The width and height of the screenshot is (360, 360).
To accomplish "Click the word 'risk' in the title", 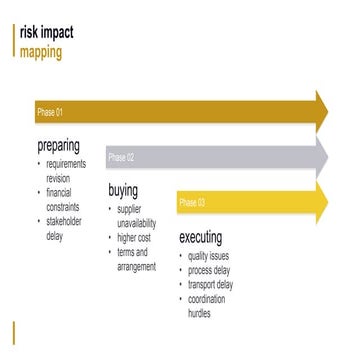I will coord(31,33).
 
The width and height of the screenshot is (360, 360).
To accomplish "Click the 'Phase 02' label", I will coord(121,158).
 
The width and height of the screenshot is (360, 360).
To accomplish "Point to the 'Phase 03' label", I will coord(192,203).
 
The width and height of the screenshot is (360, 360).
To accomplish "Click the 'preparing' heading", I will coord(58,146).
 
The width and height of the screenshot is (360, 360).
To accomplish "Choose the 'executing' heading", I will coord(207,238).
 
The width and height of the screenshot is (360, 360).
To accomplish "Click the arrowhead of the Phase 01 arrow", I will coord(322,111).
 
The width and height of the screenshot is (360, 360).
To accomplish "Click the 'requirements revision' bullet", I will coord(66,171).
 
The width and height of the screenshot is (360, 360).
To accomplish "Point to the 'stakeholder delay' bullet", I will coord(66,228).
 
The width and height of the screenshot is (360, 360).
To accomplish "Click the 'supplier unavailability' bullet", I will coord(137,216).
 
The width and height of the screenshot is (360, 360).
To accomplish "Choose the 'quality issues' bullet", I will coord(208,257).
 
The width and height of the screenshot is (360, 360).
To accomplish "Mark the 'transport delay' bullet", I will coord(211,285).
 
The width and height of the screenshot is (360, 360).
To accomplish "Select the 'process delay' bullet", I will coord(210,271).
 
